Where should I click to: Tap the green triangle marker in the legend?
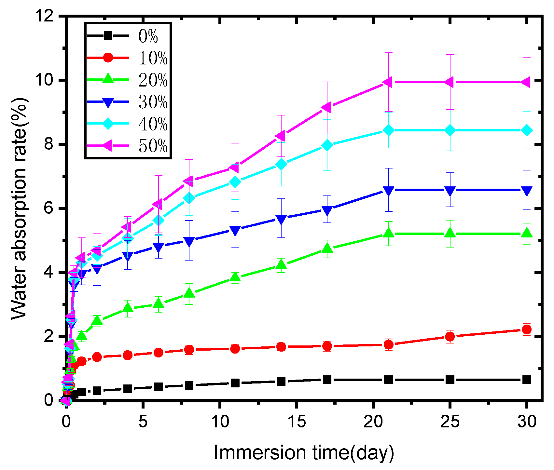[108, 79]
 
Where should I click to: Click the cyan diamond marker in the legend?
[108, 124]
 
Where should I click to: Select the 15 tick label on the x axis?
[297, 422]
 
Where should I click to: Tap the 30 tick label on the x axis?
[527, 422]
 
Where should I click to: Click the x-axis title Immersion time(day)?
[303, 453]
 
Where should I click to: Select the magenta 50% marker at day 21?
[388, 82]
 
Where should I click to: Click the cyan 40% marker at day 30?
[527, 130]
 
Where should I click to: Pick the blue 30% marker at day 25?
[450, 191]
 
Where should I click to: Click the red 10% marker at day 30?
[527, 329]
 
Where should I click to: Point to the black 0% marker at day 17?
[327, 380]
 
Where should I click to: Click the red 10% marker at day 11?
[235, 349]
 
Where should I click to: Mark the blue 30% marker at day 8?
[189, 241]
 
